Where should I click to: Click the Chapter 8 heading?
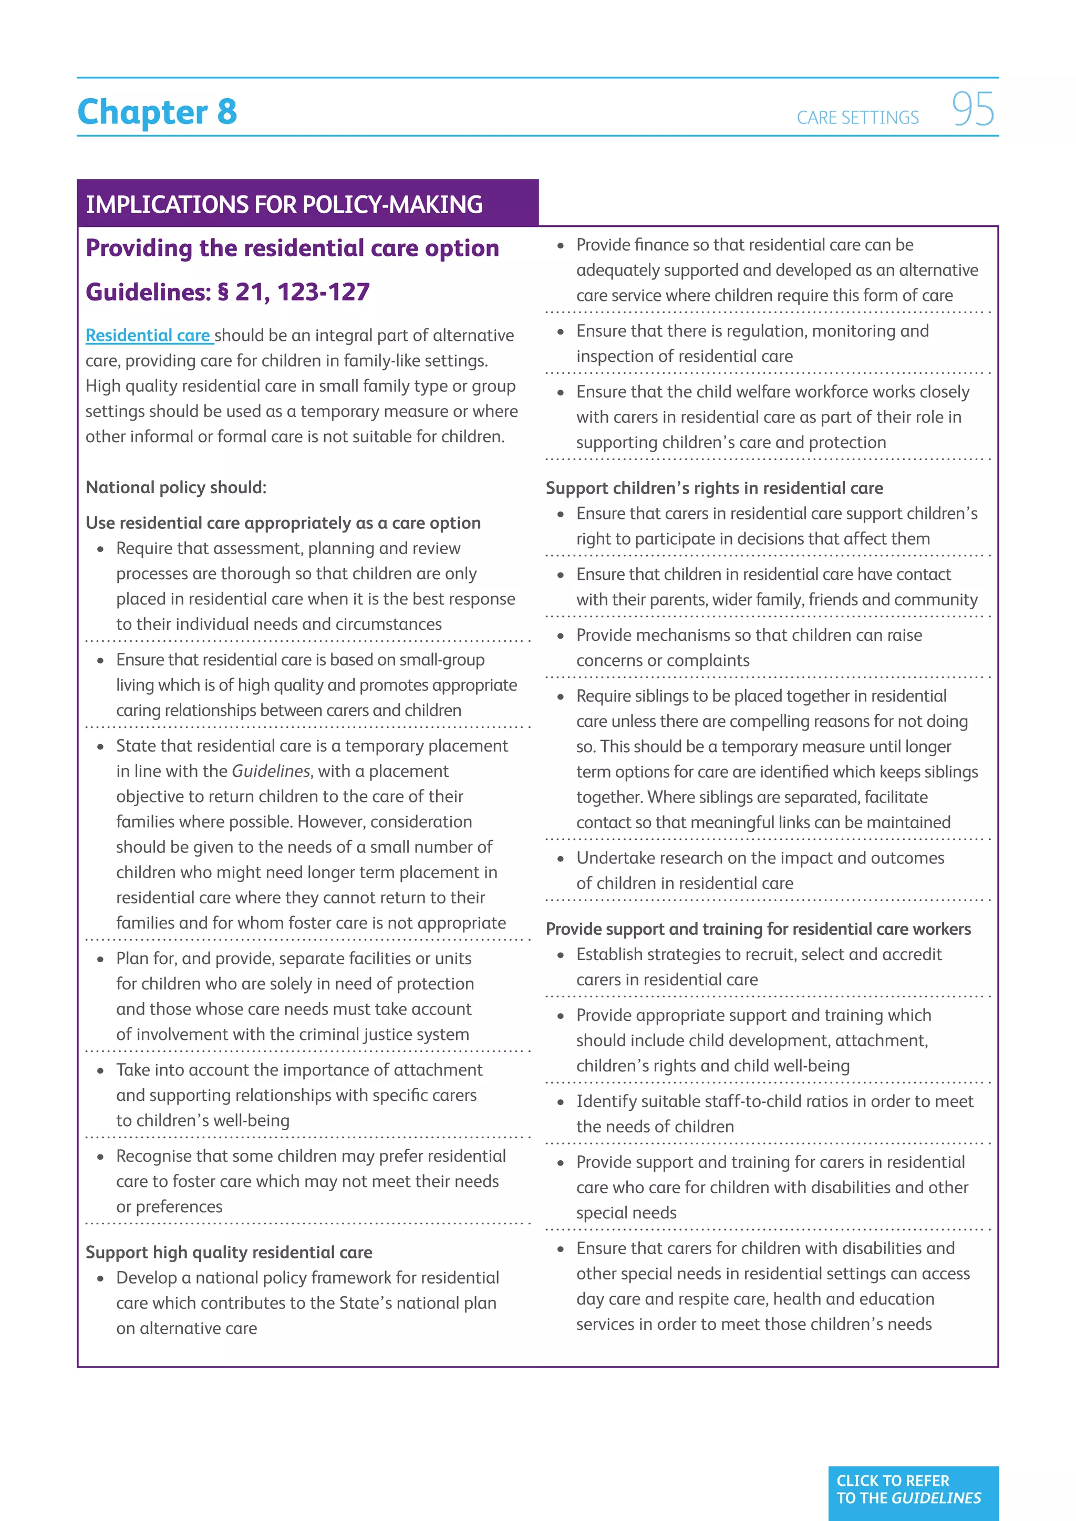[x=157, y=111]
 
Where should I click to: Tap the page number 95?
[x=972, y=109]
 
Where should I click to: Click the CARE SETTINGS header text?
[x=857, y=118]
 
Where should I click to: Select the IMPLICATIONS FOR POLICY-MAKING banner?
[x=285, y=204]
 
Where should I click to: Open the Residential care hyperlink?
[x=148, y=336]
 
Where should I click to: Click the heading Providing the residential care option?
[x=292, y=248]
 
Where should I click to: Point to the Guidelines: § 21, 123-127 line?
[x=227, y=292]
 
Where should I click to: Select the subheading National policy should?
[x=175, y=487]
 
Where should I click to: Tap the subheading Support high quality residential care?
[x=229, y=1252]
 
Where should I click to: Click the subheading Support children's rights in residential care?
[x=713, y=488]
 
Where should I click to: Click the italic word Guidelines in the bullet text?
[x=271, y=771]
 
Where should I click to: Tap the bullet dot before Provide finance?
[x=561, y=246]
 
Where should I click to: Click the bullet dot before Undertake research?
[x=561, y=859]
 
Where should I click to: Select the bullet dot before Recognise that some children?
[x=101, y=1157]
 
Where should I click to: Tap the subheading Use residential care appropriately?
[x=283, y=523]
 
